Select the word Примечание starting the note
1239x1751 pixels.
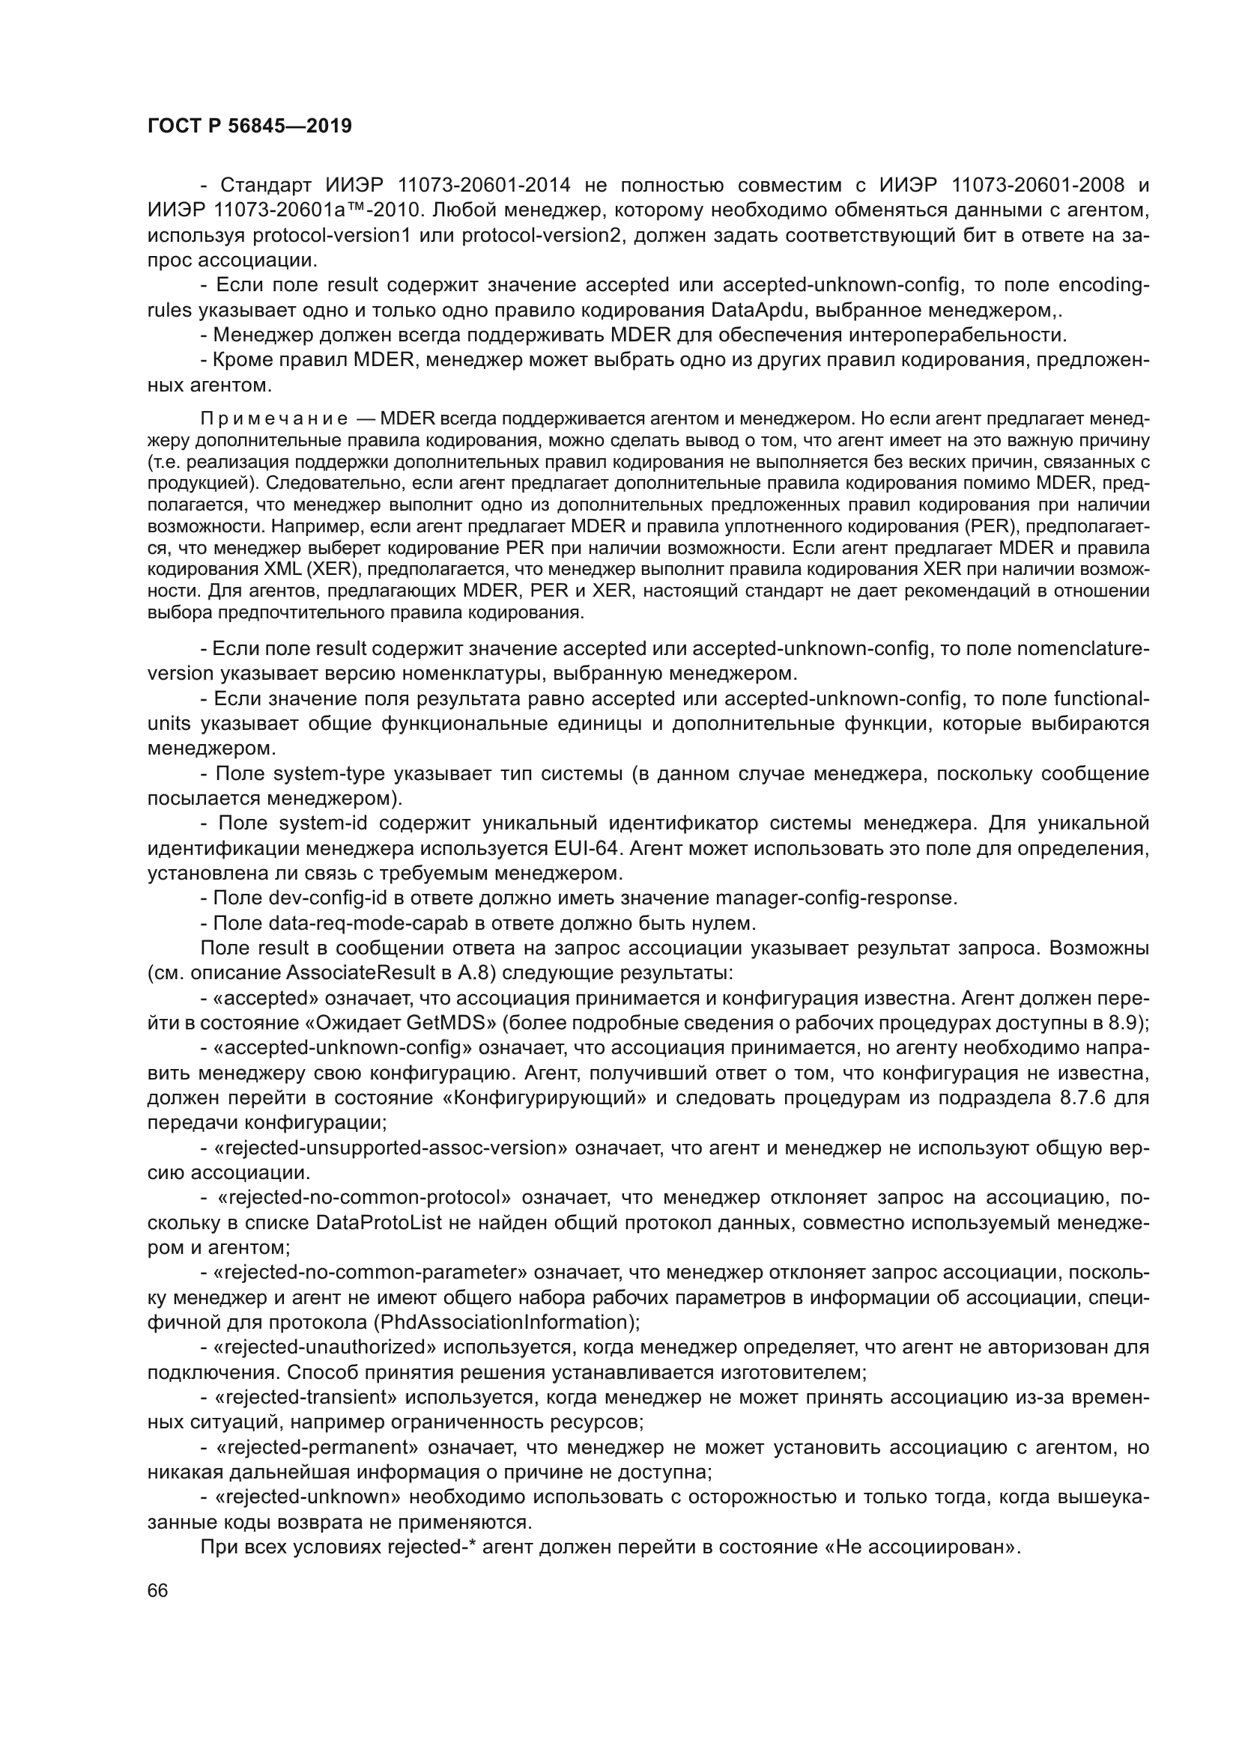pyautogui.click(x=274, y=418)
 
